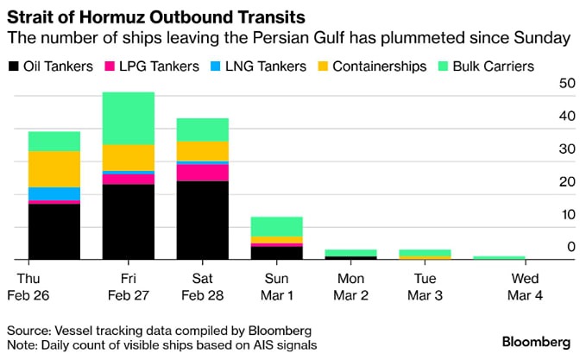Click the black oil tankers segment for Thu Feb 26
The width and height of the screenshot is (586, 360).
click(x=54, y=231)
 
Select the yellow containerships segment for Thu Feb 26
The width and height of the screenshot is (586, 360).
click(x=54, y=169)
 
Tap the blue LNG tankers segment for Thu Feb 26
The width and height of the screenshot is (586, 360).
click(x=54, y=193)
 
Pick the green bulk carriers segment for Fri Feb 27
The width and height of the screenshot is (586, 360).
click(x=128, y=118)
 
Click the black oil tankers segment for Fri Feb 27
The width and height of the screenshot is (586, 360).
click(x=128, y=222)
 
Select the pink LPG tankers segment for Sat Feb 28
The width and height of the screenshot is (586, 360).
click(x=202, y=173)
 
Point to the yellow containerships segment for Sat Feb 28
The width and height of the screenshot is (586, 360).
click(x=202, y=151)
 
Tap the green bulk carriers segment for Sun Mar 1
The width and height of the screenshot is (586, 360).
click(x=276, y=226)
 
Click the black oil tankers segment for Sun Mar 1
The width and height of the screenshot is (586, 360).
click(x=276, y=253)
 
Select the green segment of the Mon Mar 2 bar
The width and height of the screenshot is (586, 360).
click(x=351, y=252)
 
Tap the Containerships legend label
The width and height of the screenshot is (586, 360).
click(x=379, y=66)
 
